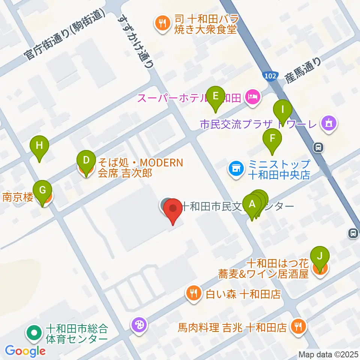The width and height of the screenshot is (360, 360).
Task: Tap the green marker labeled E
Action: (x=216, y=96)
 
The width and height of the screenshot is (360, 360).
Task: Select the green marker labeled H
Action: (x=40, y=145)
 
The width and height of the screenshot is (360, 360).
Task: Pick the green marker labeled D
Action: (x=86, y=161)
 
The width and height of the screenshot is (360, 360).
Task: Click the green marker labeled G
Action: (x=43, y=190)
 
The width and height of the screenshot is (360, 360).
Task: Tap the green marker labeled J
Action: (x=320, y=257)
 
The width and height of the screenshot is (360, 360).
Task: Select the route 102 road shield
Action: (x=270, y=76)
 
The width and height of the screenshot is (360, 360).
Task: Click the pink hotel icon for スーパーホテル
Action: (x=253, y=98)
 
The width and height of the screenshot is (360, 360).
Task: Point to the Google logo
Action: (x=25, y=351)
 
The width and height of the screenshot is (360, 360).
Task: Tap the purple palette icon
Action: (x=139, y=325)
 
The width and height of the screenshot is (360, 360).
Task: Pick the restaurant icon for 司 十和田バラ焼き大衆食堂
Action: (x=162, y=24)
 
